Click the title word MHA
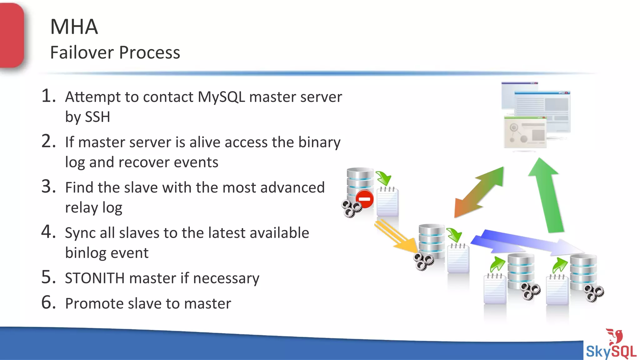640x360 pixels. [74, 27]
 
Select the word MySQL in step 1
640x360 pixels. [221, 97]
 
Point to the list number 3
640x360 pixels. [48, 187]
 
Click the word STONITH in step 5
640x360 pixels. [95, 278]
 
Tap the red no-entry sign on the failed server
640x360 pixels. [364, 199]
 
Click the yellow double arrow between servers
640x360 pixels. [395, 236]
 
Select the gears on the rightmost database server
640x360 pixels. [594, 293]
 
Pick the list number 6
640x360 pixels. [48, 302]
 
